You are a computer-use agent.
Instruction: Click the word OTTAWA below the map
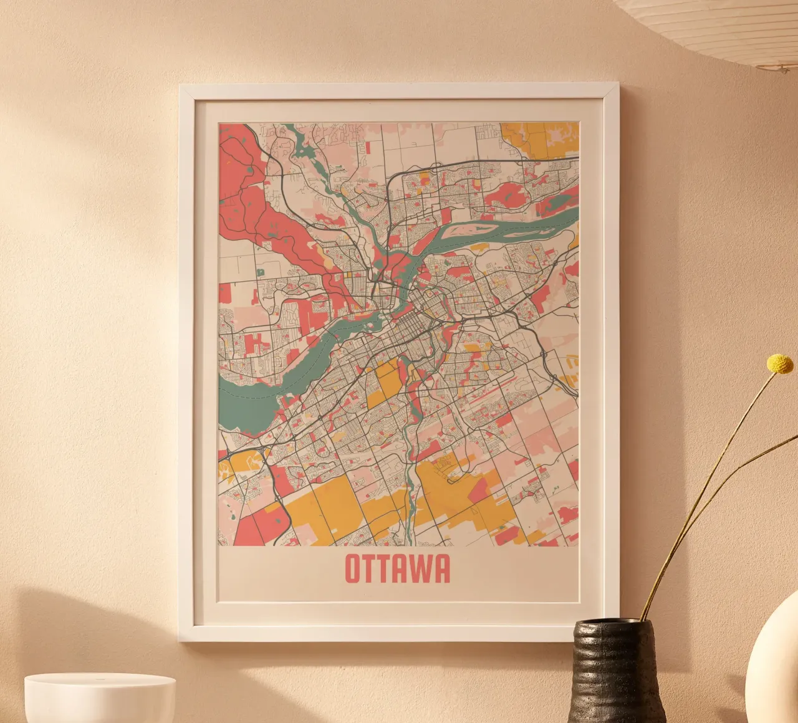[x=397, y=568]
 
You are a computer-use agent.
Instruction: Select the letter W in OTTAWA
[x=420, y=568]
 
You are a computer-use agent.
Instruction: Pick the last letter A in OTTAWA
[x=441, y=568]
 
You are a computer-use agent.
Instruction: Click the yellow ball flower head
[x=779, y=363]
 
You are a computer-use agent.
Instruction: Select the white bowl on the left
[x=100, y=698]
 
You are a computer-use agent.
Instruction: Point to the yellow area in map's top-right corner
[x=539, y=138]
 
